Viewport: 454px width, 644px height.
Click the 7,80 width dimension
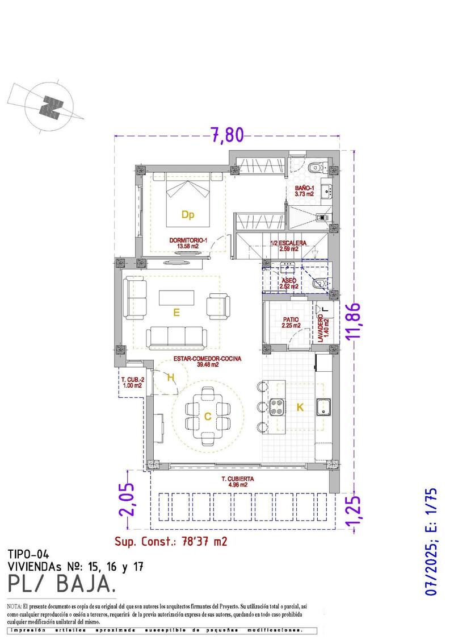point(227,135)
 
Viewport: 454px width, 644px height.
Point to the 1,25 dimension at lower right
point(354,512)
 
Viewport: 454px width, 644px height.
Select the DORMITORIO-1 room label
point(187,243)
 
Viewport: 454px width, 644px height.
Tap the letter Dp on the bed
point(188,214)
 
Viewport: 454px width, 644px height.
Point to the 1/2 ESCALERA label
point(289,246)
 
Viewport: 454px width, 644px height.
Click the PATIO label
point(291,322)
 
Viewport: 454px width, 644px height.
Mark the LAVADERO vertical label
point(322,328)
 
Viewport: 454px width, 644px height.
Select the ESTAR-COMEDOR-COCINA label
point(208,362)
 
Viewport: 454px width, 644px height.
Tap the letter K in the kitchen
point(300,407)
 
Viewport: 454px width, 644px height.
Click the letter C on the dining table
point(208,417)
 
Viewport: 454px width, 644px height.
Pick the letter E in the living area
point(176,312)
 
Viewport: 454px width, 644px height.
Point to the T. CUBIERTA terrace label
point(238,481)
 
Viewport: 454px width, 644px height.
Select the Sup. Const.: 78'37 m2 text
point(171,541)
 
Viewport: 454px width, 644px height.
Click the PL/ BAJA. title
point(63,583)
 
